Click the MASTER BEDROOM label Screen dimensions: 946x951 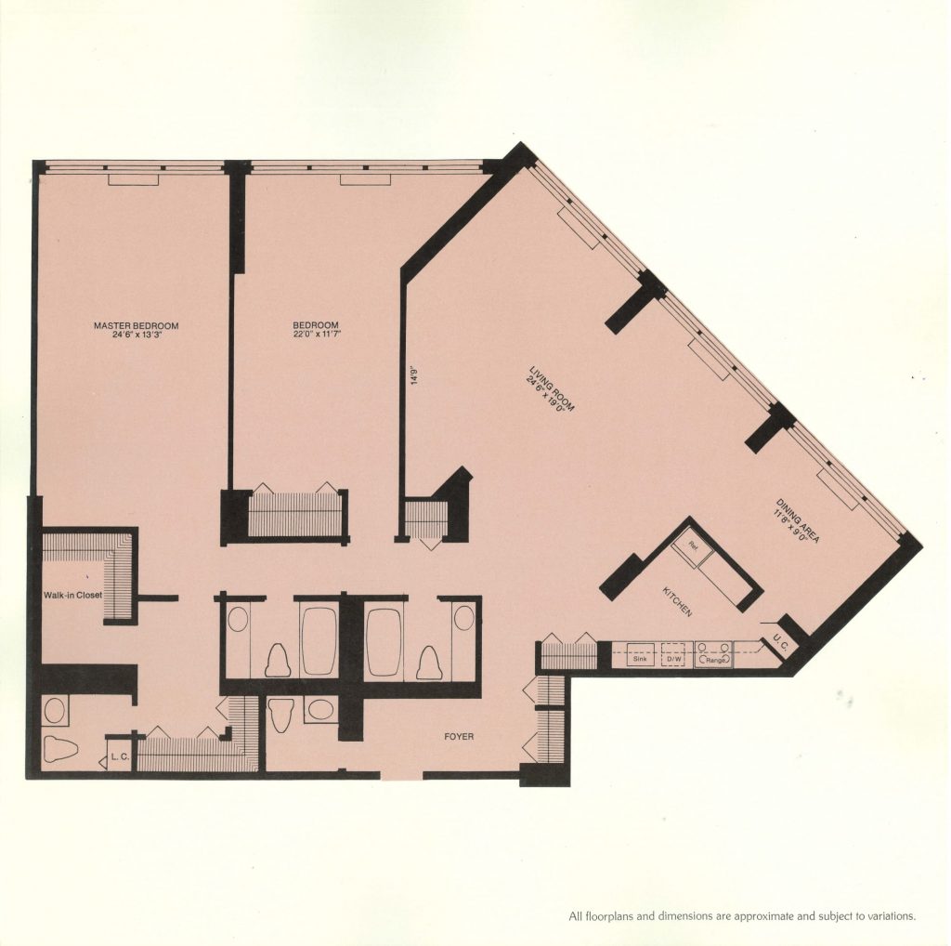(x=136, y=325)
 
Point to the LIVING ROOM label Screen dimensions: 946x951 (x=545, y=387)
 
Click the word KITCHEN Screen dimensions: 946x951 (x=678, y=602)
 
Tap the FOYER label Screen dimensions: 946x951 (x=459, y=737)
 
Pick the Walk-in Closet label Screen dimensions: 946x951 (x=72, y=595)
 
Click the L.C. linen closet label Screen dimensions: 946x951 (x=119, y=757)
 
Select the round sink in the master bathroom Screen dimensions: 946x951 (x=54, y=712)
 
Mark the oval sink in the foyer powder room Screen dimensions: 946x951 (x=321, y=712)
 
